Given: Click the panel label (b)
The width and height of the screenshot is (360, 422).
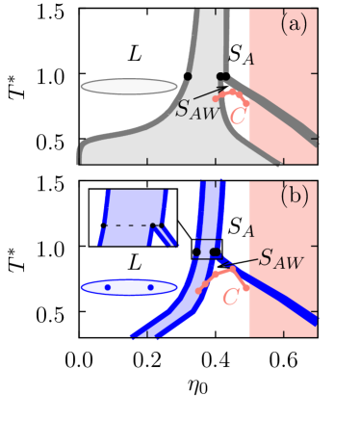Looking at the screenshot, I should (x=294, y=198).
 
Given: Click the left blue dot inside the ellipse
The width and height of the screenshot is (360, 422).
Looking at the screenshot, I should (x=108, y=287).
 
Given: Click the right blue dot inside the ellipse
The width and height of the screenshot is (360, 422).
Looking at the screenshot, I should (x=150, y=287).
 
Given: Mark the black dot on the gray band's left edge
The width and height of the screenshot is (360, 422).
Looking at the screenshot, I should (x=188, y=75).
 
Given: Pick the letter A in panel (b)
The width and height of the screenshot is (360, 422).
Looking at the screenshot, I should (x=250, y=232).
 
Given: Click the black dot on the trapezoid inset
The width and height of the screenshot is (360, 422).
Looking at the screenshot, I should (x=152, y=224).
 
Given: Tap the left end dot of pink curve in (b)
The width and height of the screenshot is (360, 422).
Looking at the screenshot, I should (x=200, y=290).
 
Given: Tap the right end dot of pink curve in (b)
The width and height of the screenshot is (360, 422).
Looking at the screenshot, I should (x=245, y=287).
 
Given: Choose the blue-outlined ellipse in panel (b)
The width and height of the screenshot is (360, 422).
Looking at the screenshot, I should (x=129, y=287).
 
